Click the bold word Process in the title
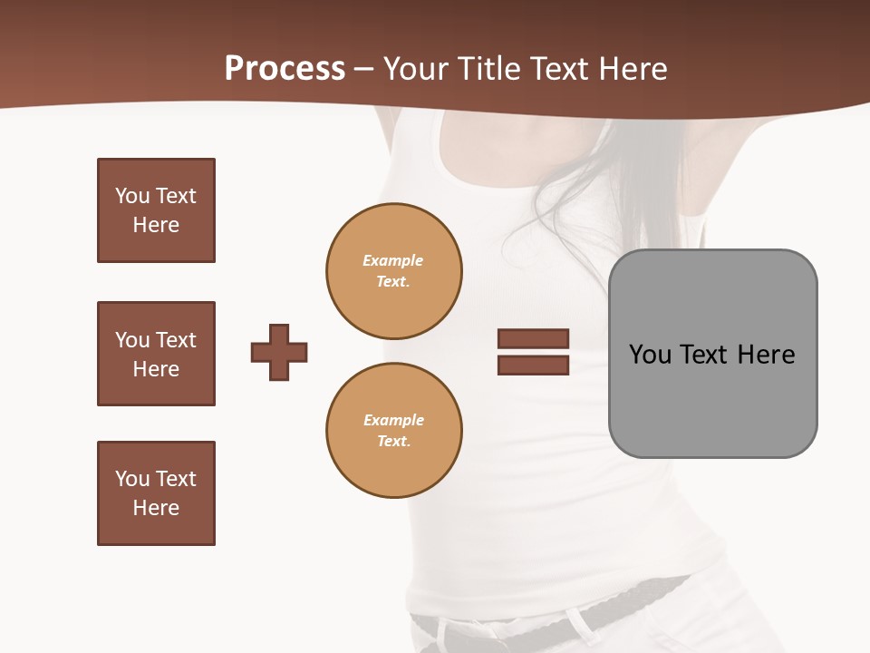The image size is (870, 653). [285, 69]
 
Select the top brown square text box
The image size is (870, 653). [156, 210]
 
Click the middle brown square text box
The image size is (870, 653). [156, 354]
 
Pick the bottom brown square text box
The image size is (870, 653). [156, 493]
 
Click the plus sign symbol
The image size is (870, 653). [279, 352]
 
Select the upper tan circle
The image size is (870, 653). [394, 271]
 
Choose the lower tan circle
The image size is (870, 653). [394, 431]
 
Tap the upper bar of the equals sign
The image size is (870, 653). [533, 338]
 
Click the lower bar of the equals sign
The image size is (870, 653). [533, 365]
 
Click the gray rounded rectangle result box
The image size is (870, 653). [712, 399]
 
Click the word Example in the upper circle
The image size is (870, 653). [393, 260]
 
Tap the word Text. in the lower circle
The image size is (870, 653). [393, 442]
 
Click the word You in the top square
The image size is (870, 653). [131, 196]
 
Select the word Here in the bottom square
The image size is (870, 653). [156, 508]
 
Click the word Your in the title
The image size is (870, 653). [416, 69]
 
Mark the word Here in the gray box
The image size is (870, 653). [766, 355]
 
